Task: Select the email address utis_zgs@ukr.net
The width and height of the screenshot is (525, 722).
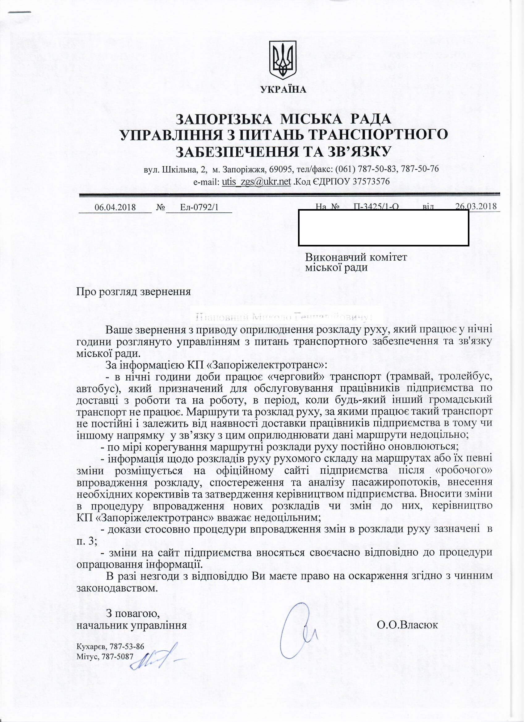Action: [x=257, y=182]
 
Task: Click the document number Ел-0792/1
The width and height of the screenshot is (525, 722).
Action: [x=199, y=208]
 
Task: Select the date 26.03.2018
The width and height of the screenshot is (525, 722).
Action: [x=476, y=206]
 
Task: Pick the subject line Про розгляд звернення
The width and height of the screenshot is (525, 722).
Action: [x=134, y=292]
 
